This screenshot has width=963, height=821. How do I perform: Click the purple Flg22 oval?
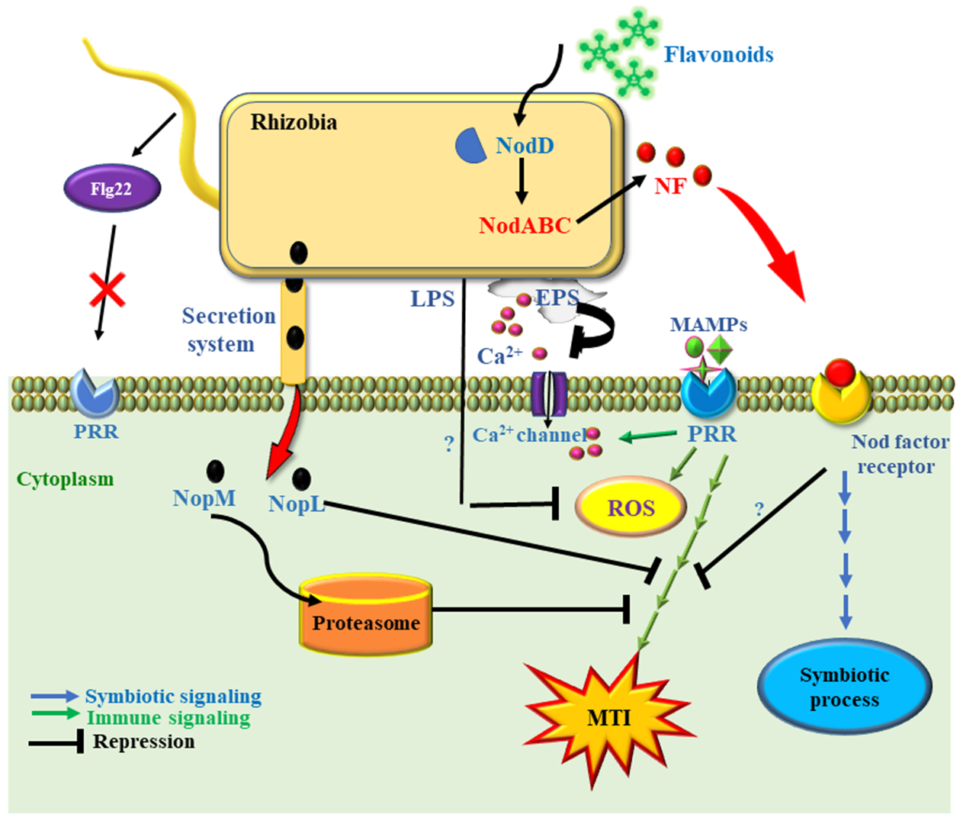coord(112,188)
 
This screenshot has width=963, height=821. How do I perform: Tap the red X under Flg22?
coord(108,289)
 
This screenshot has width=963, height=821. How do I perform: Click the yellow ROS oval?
coord(631,507)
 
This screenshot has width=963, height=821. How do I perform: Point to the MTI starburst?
coord(608,717)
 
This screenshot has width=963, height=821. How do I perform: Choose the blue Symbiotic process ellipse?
coord(844,687)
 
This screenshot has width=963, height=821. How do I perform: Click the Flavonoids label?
coord(718,55)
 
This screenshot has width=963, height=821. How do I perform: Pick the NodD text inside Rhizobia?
coord(525,145)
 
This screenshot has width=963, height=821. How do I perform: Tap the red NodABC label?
coord(525,225)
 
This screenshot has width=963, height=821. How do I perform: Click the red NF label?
coord(670,186)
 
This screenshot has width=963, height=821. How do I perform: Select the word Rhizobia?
coord(294,122)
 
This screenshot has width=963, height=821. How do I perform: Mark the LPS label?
coord(432,299)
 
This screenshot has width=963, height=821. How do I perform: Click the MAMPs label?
coord(708,324)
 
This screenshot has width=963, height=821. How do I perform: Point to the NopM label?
coord(204,498)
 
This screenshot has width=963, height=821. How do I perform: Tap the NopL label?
coord(297,504)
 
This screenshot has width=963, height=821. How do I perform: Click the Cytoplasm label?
coord(65,479)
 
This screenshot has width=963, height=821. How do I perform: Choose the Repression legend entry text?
coord(143,742)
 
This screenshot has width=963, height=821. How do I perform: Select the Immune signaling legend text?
coord(169,718)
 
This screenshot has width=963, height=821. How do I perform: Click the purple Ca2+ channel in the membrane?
coord(548,393)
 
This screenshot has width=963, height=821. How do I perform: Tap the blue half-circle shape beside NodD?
coord(470,145)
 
